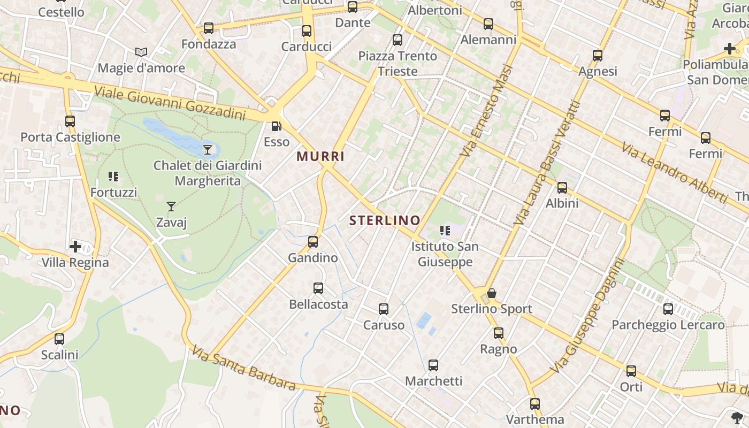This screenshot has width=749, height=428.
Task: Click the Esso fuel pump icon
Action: click(276, 126)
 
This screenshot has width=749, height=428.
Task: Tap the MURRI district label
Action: click(320, 157)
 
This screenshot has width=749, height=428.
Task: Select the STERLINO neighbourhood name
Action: click(385, 220)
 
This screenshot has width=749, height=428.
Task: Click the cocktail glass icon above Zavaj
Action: click(171, 206)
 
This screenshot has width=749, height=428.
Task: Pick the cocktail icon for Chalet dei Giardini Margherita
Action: click(208, 149)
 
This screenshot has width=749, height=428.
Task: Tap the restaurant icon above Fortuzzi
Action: click(113, 176)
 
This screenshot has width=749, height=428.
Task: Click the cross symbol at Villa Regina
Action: click(75, 247)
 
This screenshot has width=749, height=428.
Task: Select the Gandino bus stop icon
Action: click(313, 242)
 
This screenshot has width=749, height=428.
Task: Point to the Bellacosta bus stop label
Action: click(318, 304)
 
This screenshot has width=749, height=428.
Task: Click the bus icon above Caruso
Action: click(384, 309)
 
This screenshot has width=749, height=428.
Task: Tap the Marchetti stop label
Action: click(433, 381)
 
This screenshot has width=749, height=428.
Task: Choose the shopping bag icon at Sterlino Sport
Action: click(492, 293)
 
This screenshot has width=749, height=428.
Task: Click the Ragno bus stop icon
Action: click(499, 333)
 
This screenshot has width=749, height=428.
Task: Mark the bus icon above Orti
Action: click(631, 371)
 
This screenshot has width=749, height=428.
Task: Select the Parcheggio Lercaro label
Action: click(668, 325)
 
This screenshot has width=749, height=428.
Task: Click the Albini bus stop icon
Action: click(562, 187)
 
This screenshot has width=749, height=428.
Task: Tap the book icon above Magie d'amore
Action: click(141, 52)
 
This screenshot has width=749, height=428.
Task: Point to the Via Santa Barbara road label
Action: click(243, 369)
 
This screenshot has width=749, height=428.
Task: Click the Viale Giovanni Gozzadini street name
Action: click(170, 103)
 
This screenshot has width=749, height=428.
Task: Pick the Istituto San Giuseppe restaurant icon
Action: click(445, 231)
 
